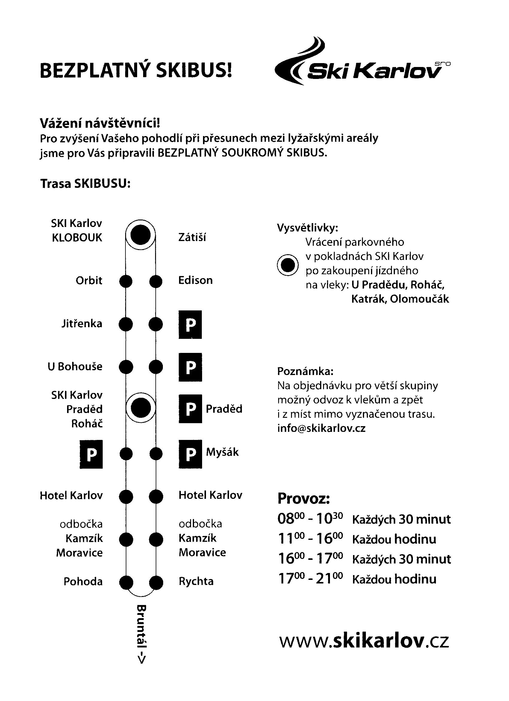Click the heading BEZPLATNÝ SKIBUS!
[136, 71]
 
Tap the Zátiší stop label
[192, 237]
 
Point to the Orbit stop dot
[126, 281]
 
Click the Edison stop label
[195, 280]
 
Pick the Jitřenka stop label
[82, 324]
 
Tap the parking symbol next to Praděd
[190, 409]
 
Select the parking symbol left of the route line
[91, 454]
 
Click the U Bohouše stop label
[75, 367]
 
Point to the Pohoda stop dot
[126, 582]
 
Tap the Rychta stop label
[196, 581]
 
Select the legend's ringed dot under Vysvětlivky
[287, 265]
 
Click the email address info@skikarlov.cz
[321, 428]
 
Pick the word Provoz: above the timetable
[304, 498]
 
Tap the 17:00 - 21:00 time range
[310, 579]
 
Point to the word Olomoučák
[419, 299]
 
